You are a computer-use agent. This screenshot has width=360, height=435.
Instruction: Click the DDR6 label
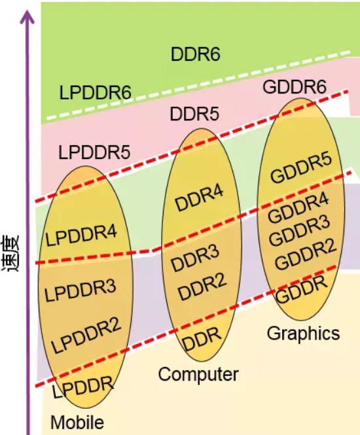click(196, 54)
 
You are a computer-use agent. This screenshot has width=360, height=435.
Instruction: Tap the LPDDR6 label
click(95, 93)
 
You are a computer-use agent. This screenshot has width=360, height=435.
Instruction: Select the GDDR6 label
click(295, 87)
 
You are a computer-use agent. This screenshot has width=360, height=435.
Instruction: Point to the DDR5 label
click(194, 114)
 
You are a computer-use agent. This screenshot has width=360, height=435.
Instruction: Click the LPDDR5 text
click(94, 152)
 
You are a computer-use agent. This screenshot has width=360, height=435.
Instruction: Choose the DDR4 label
click(199, 198)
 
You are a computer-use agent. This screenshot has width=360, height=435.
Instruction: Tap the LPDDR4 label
click(81, 235)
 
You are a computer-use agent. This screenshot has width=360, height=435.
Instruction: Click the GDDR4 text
click(298, 208)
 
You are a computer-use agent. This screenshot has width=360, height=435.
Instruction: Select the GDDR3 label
click(299, 231)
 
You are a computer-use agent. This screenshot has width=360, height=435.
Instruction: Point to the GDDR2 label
click(306, 254)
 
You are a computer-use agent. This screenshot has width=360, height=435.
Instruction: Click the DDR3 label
click(195, 258)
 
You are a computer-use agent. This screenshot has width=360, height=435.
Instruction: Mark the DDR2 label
click(202, 287)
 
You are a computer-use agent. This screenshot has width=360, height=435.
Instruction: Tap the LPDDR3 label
click(80, 290)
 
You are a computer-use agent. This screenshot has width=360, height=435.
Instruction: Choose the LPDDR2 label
click(86, 335)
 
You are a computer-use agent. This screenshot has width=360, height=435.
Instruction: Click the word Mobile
click(77, 422)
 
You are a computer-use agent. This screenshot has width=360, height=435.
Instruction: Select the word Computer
click(198, 374)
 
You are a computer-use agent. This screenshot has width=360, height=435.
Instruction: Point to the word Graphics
click(303, 333)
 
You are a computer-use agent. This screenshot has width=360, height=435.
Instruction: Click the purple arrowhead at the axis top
click(27, 16)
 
